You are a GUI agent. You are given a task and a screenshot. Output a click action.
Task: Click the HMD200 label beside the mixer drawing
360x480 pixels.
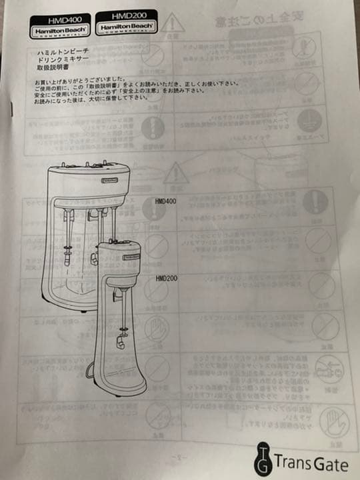tap(165, 278)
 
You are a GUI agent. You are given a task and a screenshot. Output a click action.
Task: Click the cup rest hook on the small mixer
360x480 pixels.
tap(120, 343)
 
